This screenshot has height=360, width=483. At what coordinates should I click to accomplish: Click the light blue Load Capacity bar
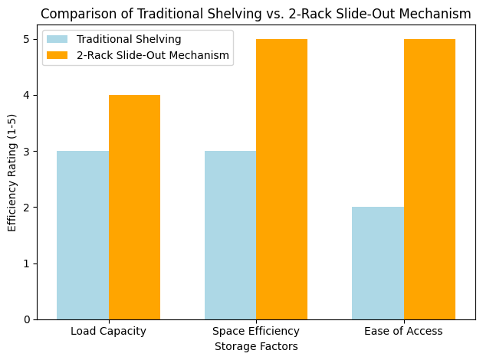83,235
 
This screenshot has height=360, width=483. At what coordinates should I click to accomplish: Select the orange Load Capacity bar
134,207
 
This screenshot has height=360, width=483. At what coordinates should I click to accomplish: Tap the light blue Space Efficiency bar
230,235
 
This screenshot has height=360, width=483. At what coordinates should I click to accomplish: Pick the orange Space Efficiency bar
281,179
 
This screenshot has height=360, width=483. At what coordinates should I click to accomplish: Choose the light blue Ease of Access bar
378,263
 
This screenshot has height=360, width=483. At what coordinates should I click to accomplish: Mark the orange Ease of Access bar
429,179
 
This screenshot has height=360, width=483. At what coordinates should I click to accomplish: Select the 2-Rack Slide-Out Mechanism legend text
153,55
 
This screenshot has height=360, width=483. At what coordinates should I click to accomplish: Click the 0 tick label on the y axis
27,319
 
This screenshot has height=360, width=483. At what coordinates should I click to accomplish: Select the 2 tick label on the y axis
27,208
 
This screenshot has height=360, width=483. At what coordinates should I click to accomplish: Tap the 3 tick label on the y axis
27,152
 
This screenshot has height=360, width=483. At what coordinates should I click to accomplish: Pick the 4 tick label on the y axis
27,96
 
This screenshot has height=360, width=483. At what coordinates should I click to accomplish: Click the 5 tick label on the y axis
27,40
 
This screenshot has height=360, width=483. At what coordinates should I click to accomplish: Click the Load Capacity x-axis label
108,332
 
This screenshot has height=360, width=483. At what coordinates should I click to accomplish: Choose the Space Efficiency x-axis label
256,332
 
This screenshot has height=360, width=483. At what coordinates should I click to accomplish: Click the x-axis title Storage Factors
256,346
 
